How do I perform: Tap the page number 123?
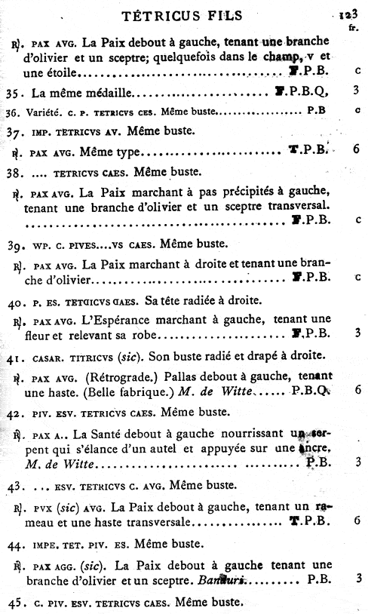click(x=348, y=14)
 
